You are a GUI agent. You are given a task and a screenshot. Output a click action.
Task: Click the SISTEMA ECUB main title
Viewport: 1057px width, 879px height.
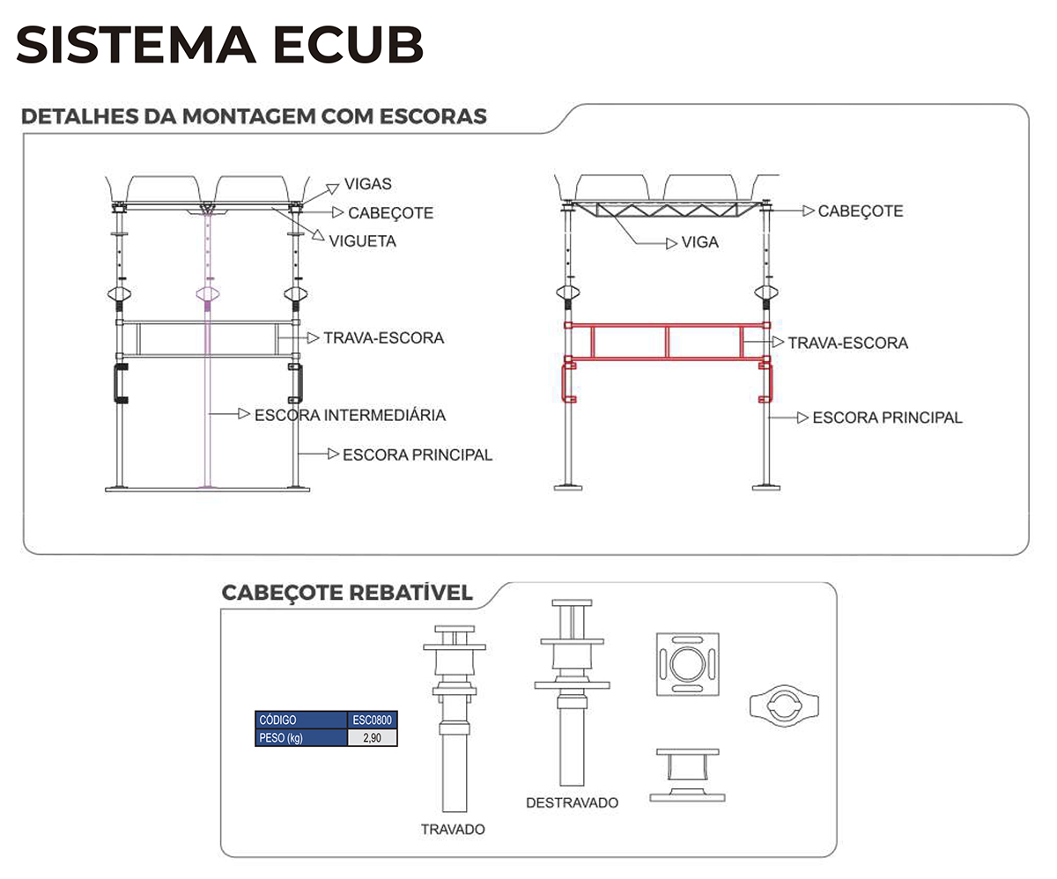pos(220,45)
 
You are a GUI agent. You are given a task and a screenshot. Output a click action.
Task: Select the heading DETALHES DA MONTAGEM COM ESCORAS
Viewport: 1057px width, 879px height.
pos(254,116)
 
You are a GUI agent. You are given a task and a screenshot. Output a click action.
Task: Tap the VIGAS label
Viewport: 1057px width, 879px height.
pos(368,184)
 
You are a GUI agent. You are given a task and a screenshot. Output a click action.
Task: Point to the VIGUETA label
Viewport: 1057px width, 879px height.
pos(362,240)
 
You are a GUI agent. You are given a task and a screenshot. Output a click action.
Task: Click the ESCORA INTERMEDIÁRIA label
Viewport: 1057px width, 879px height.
pos(350,414)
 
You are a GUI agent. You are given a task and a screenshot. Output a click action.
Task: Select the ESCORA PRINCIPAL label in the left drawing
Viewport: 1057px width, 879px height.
pos(417,454)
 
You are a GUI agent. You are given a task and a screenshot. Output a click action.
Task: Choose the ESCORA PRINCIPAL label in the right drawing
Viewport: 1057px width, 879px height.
pos(887,417)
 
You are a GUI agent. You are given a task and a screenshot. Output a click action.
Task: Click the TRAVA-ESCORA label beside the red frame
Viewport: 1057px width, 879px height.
pos(847,342)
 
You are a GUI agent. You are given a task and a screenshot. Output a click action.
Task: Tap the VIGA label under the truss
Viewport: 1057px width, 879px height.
pos(699,241)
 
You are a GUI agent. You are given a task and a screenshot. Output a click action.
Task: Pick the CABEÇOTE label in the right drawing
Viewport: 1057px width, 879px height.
pos(860,211)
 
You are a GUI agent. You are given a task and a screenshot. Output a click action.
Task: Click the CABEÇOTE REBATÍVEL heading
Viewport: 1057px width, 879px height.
pos(347,592)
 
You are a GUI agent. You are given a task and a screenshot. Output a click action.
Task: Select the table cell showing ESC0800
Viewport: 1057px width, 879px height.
pos(373,720)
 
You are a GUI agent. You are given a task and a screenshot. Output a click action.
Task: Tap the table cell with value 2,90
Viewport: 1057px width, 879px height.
pos(373,738)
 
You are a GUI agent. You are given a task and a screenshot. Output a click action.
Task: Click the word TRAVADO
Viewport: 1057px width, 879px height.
pos(453,829)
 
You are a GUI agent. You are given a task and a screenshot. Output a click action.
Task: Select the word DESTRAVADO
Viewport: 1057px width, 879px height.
pos(572,802)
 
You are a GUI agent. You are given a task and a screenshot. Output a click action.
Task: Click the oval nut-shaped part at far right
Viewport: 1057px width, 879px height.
pos(786,705)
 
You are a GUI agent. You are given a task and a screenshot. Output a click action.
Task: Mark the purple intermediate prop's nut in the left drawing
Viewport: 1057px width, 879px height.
pos(208,294)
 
